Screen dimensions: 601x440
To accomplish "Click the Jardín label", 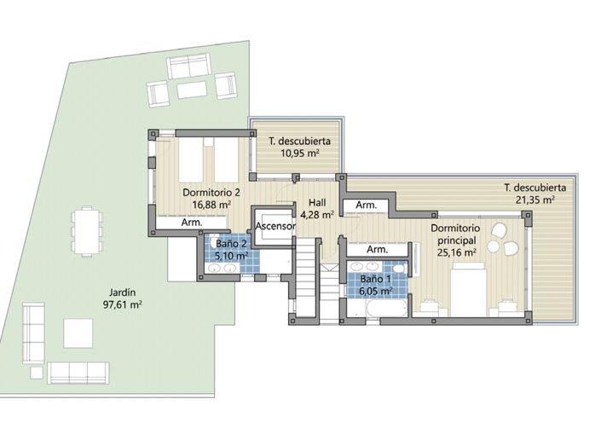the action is coord(123,292).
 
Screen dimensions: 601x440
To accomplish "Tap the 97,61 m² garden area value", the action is coord(123,305).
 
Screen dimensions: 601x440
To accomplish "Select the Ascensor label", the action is coord(275,226).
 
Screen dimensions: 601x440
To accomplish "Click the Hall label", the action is coord(317,202).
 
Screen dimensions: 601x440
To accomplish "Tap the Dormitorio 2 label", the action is coord(211,192).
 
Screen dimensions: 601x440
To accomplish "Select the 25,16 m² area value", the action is coord(456,252).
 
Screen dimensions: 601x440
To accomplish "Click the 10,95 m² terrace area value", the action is coord(300,153).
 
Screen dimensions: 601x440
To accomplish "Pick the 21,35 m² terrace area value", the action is coord(535,200).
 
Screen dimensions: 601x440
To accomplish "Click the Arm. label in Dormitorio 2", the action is coord(192,223).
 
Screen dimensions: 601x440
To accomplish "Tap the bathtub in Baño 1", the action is coord(386,308).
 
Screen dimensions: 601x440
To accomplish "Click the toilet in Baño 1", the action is coord(400,268).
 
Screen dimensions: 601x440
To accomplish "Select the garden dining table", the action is coord(88,231).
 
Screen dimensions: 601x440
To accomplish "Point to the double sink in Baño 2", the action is coord(222,268).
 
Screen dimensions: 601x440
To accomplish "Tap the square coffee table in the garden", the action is coord(78,333).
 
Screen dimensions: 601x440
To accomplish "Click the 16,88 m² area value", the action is coord(211,205).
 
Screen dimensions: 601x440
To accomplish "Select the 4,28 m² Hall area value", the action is coord(316,214).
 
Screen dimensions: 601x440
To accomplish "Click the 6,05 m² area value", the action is coord(375,292).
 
